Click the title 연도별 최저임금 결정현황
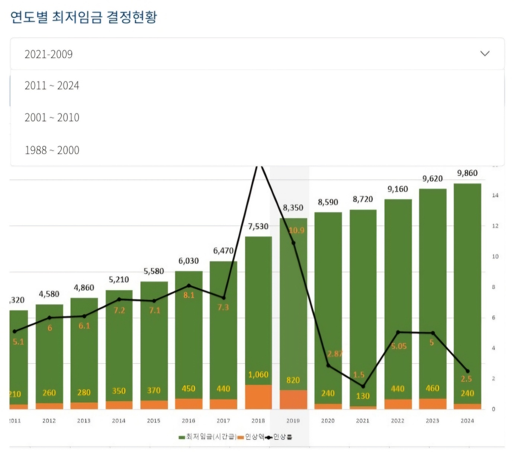84,17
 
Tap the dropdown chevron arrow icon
485,54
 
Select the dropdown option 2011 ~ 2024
52,86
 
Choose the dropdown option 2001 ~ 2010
52,117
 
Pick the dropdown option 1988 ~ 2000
52,150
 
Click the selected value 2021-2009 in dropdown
48,54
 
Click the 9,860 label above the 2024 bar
467,173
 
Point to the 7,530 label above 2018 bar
258,226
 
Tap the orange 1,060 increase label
258,374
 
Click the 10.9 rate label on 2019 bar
296,230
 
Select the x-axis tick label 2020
328,421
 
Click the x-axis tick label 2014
119,421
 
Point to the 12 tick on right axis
495,226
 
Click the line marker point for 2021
363,386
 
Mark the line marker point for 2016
189,286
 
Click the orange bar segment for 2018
258,397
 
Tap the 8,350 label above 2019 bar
293,208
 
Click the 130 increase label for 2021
363,396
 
